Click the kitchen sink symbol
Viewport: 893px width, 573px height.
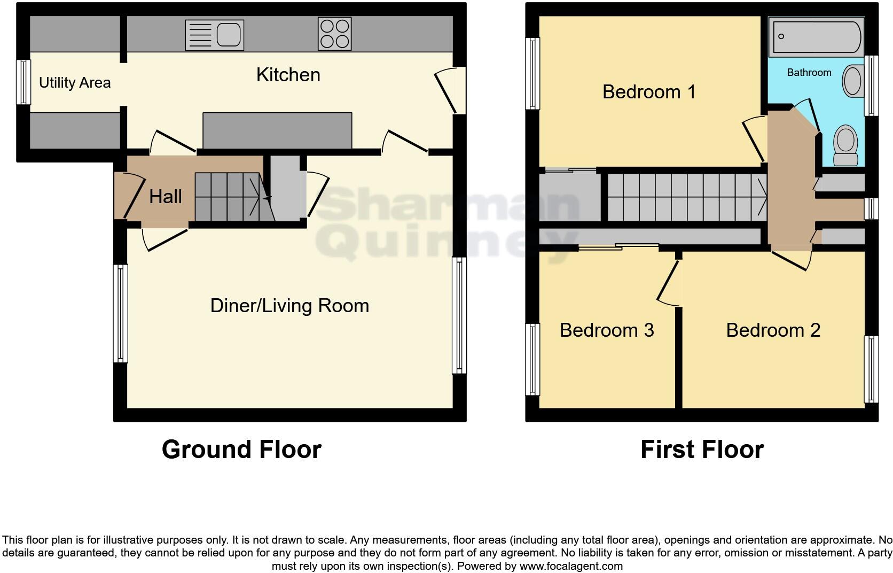click(x=214, y=35)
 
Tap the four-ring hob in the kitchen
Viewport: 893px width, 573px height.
click(x=334, y=34)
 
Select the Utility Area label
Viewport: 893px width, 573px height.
click(x=75, y=83)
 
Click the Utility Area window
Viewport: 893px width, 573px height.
click(x=23, y=82)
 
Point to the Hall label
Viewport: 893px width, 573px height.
click(x=165, y=197)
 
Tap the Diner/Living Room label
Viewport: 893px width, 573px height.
click(x=289, y=306)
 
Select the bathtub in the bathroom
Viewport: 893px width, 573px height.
click(x=816, y=37)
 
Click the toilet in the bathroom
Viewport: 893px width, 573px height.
click(x=845, y=144)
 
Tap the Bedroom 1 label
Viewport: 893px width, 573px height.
click(x=649, y=92)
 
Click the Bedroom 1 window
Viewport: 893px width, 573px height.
click(x=532, y=73)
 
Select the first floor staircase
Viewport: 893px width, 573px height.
click(x=687, y=197)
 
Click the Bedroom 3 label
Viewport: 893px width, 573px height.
click(x=607, y=330)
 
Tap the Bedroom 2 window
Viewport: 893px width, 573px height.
click(x=871, y=369)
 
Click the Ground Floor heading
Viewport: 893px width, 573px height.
click(x=241, y=450)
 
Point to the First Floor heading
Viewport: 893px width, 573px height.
click(x=702, y=450)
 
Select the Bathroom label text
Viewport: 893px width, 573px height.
click(x=809, y=73)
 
